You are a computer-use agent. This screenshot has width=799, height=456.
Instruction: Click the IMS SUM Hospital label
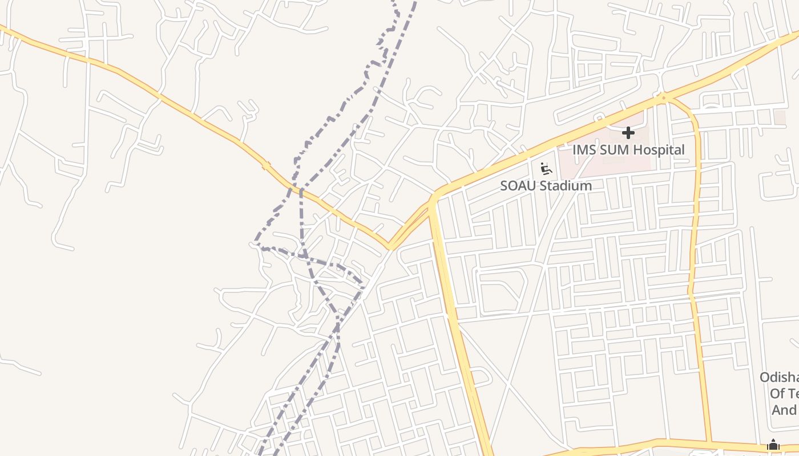(x=628, y=150)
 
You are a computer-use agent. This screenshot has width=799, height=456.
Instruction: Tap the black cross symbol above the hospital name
(x=628, y=133)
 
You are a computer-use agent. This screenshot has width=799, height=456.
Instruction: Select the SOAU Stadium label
(x=546, y=186)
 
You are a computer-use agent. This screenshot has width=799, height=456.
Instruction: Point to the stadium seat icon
(x=546, y=168)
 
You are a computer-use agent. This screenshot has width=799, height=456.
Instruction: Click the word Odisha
(x=780, y=377)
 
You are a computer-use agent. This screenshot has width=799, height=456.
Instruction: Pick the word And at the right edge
(x=784, y=410)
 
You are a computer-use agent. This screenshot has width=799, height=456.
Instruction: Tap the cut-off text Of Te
(x=784, y=393)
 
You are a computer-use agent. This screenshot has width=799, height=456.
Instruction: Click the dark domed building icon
(x=773, y=445)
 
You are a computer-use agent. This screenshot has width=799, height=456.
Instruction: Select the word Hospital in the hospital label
(x=655, y=150)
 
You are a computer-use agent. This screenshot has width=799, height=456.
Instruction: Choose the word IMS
(x=584, y=150)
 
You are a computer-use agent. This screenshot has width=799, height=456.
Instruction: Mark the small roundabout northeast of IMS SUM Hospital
(x=662, y=98)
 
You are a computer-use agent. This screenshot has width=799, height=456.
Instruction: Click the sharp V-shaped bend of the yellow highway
(x=389, y=247)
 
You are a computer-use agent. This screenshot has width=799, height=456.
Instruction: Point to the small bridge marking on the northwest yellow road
(x=265, y=166)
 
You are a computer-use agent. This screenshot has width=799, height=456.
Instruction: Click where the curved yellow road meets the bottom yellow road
(x=709, y=442)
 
